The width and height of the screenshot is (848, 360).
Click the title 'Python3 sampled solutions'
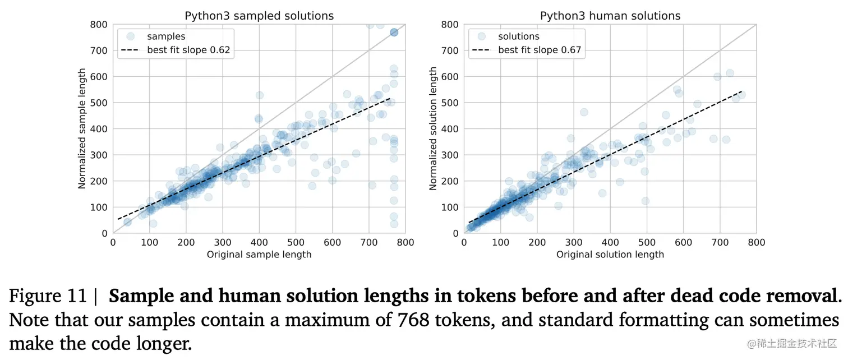point(259,16)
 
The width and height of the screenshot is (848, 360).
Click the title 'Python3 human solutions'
point(610,16)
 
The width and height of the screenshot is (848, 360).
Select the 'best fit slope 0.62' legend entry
point(188,50)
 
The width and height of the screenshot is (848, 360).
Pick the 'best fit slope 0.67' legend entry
point(540,50)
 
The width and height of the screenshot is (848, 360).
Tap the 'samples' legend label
point(166,36)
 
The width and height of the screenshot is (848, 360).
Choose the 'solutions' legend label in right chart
point(519,36)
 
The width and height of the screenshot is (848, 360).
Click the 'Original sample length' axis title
point(259,255)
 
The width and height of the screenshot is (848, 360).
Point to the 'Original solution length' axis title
point(610,255)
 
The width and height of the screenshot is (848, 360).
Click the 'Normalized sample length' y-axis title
point(82,128)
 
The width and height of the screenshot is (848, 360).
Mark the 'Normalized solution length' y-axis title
point(433,128)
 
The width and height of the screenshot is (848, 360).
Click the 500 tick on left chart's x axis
point(296,242)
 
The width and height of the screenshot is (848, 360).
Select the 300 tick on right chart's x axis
point(574,242)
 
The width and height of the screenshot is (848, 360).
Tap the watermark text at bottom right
point(791,343)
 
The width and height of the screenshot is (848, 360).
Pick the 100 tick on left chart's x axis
point(149,242)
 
